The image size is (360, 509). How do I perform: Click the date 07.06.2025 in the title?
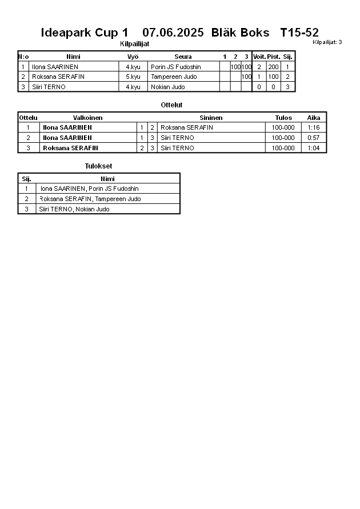pos(173,33)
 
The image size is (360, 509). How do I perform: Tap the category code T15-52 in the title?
pos(299,33)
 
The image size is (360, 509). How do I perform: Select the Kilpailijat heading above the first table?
pos(135,44)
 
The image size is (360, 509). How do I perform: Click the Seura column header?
pos(183,57)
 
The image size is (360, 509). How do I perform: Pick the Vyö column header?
pos(133,57)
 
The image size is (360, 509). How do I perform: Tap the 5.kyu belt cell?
pos(133,77)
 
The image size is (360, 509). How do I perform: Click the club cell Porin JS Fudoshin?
pos(176,67)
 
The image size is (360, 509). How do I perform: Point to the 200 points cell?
pos(273,67)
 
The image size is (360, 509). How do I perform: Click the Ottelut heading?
pos(171,105)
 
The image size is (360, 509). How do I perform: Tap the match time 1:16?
pos(313,127)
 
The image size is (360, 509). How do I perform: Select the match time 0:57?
pos(313,138)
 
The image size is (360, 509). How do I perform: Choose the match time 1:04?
pos(313,148)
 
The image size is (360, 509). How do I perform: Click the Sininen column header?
pos(211,118)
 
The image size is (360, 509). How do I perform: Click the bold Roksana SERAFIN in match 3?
pos(70,148)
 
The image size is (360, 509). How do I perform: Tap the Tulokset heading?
pos(98,166)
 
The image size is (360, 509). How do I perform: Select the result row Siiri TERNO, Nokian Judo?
pos(74,209)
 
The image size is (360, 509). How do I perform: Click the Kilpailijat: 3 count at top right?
pos(327,42)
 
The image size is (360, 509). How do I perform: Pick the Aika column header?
pos(314,118)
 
